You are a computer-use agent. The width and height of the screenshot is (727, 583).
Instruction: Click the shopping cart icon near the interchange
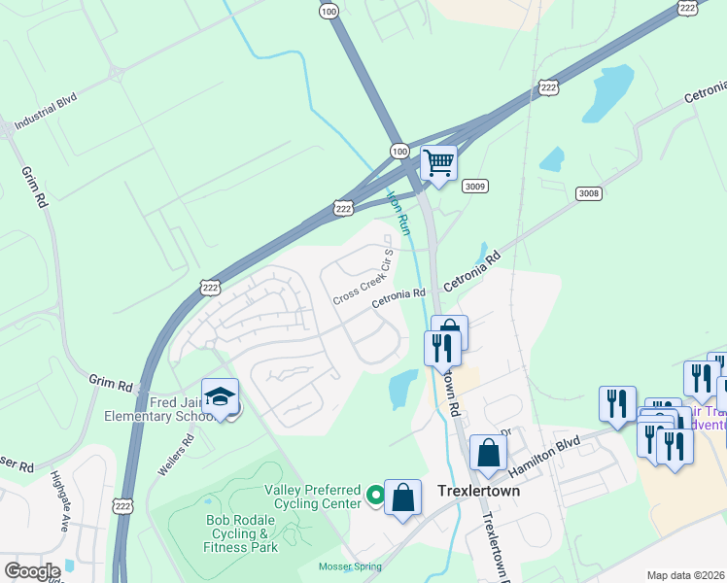(439, 163)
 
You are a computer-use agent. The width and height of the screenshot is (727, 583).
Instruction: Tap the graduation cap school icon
(221, 396)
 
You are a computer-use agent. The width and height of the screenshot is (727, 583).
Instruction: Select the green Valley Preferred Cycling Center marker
(373, 496)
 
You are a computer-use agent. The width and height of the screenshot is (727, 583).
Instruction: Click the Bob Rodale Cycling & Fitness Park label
(242, 533)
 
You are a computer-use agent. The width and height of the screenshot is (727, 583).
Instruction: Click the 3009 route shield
(473, 187)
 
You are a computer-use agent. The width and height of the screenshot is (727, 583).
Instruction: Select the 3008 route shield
(588, 193)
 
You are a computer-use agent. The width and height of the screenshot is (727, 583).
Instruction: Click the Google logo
(32, 571)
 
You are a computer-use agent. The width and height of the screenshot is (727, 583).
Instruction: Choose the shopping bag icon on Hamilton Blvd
(488, 453)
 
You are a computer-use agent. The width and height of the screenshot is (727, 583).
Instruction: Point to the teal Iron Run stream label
(399, 210)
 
